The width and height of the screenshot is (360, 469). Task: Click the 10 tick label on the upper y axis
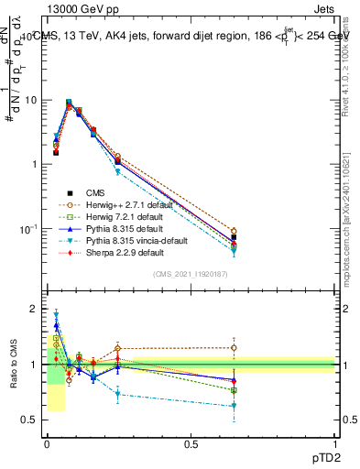(x=32, y=100)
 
